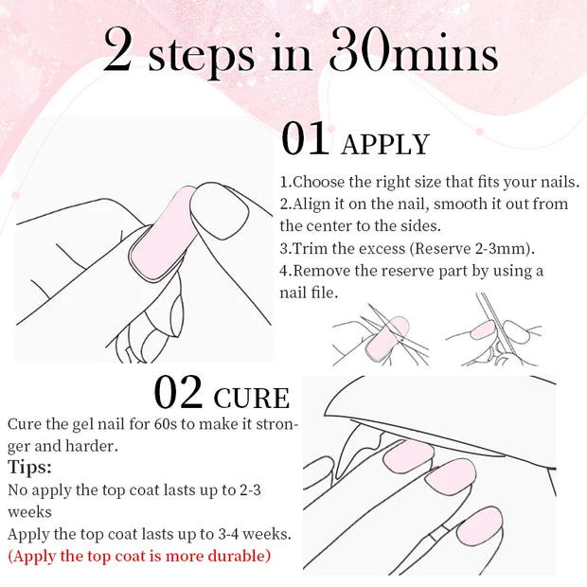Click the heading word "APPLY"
(384, 144)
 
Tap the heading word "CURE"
(252, 397)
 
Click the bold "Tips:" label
(31, 468)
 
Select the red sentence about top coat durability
(139, 556)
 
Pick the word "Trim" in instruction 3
(316, 249)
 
